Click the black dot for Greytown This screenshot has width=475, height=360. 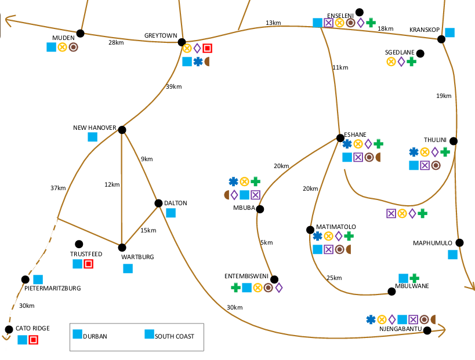click(182, 42)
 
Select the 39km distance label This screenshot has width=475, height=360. click(174, 87)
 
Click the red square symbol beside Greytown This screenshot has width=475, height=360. click(207, 49)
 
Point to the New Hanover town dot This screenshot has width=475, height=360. click(122, 130)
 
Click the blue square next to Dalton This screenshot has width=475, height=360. click(171, 213)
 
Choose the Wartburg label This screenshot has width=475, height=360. click(137, 256)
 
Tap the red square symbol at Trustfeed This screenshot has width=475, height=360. click(88, 264)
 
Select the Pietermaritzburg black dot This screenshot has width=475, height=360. click(25, 279)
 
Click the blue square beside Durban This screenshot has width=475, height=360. click(77, 334)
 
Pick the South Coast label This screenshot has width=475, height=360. click(174, 336)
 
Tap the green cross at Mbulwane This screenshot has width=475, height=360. click(414, 278)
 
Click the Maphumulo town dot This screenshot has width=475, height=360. click(459, 243)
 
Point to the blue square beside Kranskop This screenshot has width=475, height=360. click(449, 32)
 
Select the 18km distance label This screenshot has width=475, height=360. click(385, 28)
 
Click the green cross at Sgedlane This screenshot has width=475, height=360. click(411, 61)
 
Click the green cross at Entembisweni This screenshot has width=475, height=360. click(235, 287)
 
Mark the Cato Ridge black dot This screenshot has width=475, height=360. click(9, 329)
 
